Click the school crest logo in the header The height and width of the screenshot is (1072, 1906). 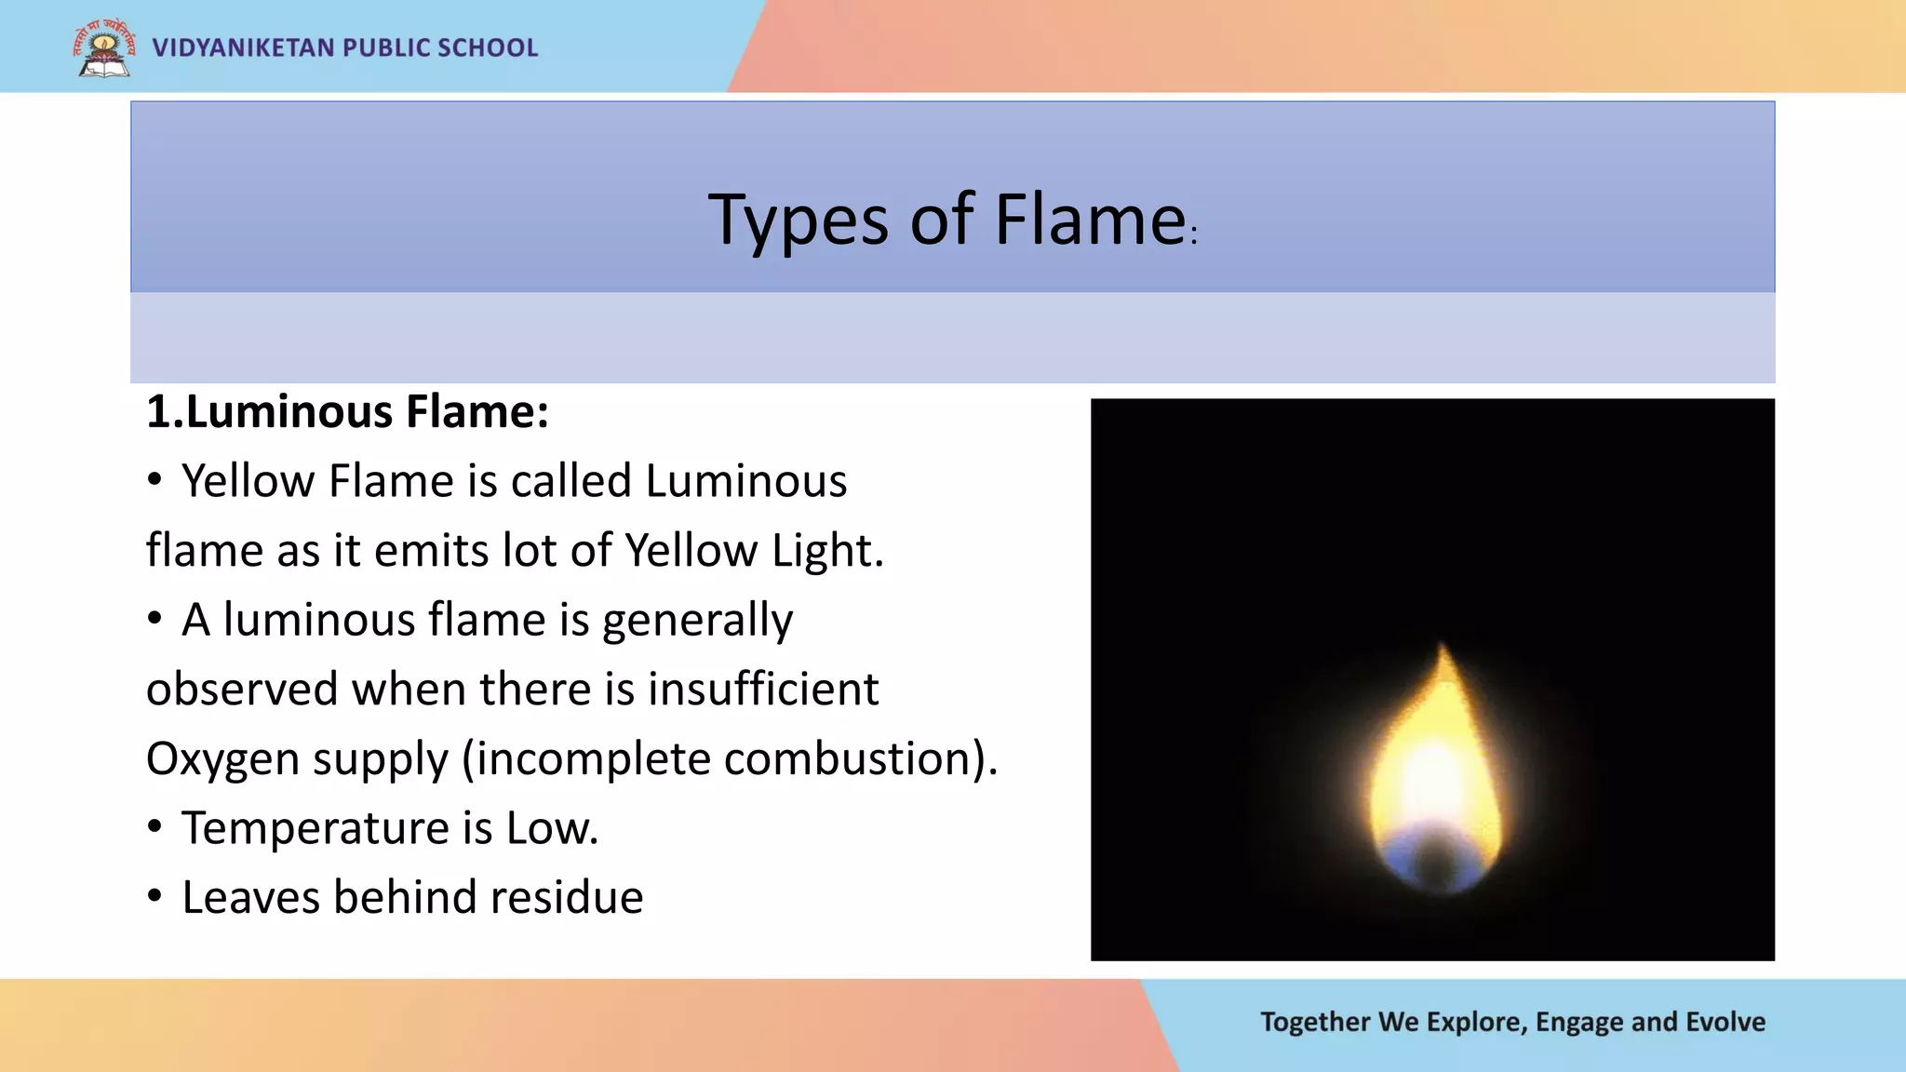(x=103, y=48)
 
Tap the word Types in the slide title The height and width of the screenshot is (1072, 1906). (x=798, y=221)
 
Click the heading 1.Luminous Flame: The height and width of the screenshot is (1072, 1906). (x=347, y=411)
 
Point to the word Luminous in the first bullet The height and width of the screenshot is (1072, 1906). (x=745, y=481)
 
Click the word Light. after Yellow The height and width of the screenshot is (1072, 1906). (x=827, y=550)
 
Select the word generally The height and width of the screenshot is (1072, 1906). (x=697, y=621)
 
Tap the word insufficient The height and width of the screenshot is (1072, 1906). (x=763, y=690)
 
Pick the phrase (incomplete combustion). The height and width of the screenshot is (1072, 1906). (x=730, y=759)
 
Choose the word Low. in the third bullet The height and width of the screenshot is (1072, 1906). (x=552, y=828)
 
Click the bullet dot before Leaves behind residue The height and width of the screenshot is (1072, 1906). (x=154, y=896)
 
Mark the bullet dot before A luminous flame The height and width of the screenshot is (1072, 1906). (x=154, y=619)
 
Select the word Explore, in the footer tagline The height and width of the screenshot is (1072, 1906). (x=1475, y=1022)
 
